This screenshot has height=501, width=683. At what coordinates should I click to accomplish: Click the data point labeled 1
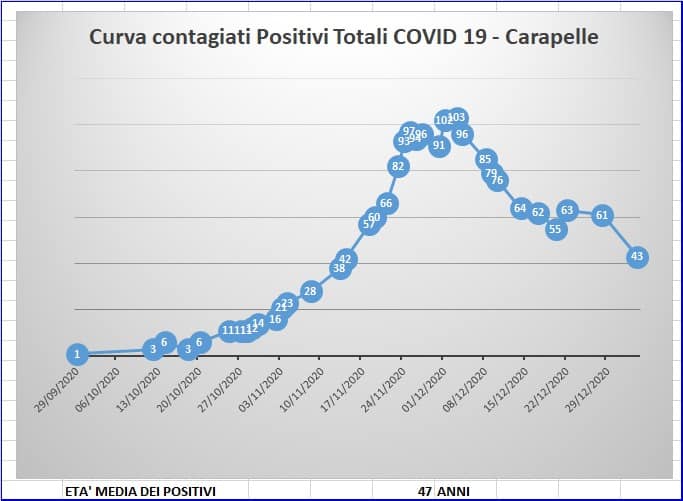[x=77, y=353]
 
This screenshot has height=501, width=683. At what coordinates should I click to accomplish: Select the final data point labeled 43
[x=637, y=257]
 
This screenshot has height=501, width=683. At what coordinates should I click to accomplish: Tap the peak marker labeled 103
[x=458, y=118]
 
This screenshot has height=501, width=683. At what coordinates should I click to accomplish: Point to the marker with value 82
[x=398, y=166]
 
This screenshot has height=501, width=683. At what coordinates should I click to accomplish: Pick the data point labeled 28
[x=310, y=291]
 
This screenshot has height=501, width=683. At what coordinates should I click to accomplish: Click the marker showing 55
[x=557, y=229]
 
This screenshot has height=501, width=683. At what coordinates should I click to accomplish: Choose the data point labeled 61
[x=602, y=214]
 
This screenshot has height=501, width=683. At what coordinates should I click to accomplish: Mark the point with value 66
[x=387, y=203]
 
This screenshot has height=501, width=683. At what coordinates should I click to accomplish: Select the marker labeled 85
[x=486, y=158]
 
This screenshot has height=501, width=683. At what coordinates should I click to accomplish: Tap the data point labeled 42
[x=347, y=258]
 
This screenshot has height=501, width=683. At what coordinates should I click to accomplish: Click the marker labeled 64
[x=520, y=208]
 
